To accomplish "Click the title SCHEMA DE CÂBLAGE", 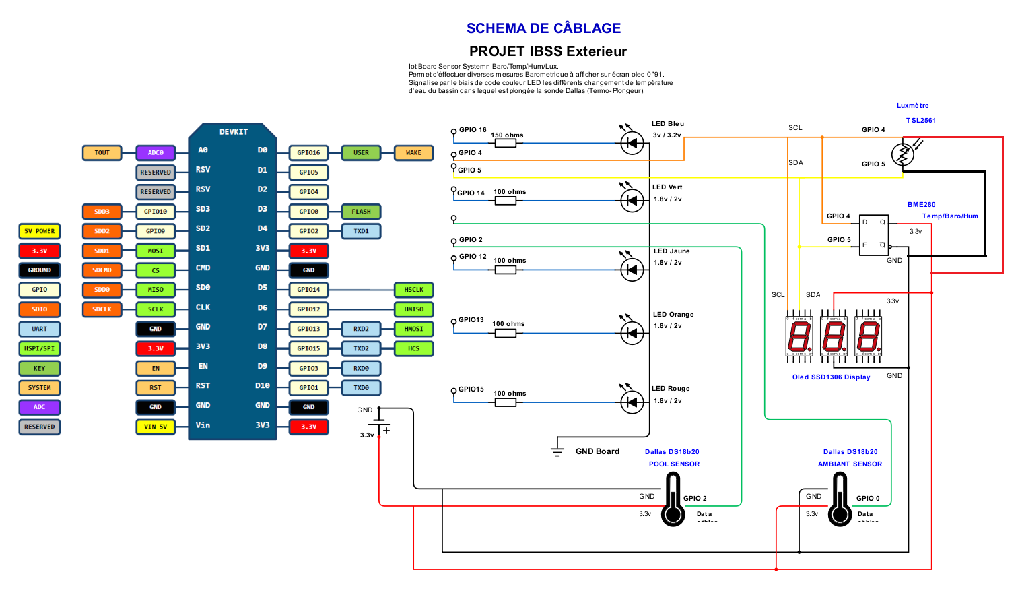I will (543, 28).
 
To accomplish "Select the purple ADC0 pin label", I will (156, 153).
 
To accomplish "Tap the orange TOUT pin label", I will (102, 153).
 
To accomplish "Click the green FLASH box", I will (361, 212).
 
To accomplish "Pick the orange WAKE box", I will (413, 153).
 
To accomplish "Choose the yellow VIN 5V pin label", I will (156, 427).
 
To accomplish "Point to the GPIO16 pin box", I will (308, 153).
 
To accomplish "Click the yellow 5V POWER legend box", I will (40, 231).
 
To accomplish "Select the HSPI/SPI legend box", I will (40, 348).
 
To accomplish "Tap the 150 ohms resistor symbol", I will (505, 143).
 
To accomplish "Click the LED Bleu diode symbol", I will (632, 143).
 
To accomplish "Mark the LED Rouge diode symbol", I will (632, 402).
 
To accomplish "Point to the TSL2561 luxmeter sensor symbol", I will (902, 154).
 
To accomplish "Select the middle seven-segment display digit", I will (834, 336).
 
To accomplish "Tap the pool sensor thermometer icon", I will (673, 500).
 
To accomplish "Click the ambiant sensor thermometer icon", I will (840, 500).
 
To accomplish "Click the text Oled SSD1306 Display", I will (831, 377).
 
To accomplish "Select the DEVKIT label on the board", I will (233, 132).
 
